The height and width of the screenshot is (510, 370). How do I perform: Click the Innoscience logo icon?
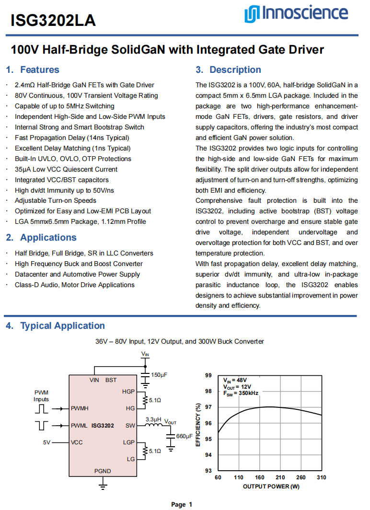tap(252, 14)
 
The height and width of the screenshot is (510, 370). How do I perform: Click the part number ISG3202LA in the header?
tap(53, 20)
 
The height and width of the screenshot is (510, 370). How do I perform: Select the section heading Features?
tap(39, 70)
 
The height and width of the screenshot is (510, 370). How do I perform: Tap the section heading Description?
tap(235, 70)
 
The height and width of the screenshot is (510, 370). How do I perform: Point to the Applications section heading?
tap(48, 237)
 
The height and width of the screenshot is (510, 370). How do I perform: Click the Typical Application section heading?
tap(62, 325)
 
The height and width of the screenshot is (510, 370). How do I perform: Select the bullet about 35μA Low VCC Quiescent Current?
tap(66, 169)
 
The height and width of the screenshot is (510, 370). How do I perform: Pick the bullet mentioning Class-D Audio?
tap(75, 285)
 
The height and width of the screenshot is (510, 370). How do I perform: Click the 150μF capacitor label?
tap(159, 375)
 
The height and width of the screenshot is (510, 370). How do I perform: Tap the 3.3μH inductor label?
tap(154, 418)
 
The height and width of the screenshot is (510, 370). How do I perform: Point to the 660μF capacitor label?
tap(185, 436)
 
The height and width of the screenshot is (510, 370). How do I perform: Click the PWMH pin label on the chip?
tap(80, 408)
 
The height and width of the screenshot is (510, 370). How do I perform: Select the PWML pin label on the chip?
tap(80, 425)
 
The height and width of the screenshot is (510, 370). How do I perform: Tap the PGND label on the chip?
tap(103, 471)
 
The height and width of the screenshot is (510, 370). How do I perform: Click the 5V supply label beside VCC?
tap(46, 442)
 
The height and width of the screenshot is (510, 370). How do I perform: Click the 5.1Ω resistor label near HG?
tap(155, 399)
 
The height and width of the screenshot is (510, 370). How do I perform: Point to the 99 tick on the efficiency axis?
tap(208, 375)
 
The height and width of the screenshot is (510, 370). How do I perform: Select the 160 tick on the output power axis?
tap(260, 478)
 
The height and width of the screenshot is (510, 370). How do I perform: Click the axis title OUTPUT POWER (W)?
tap(271, 487)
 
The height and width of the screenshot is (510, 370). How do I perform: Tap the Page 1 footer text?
tap(182, 504)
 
